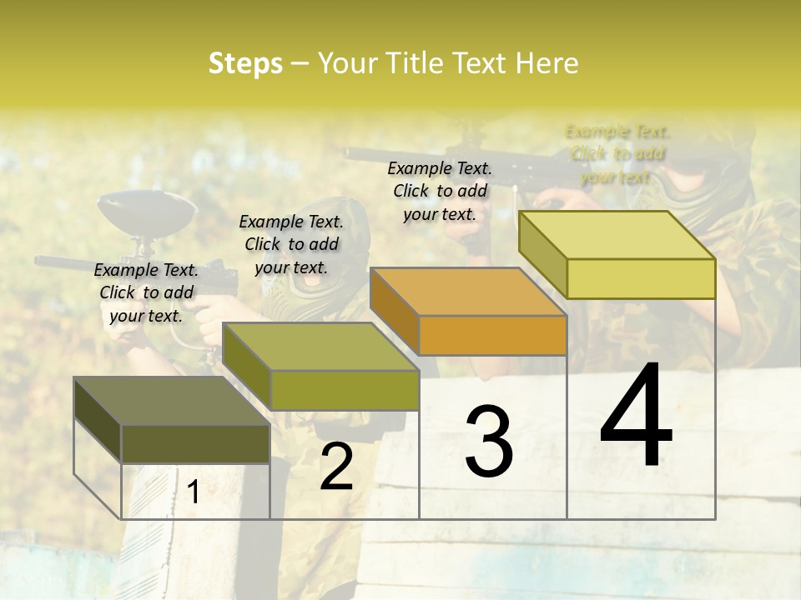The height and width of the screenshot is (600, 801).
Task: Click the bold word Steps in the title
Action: [x=245, y=63]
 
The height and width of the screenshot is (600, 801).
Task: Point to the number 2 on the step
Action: [x=336, y=467]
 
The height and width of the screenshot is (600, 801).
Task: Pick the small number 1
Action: [x=193, y=492]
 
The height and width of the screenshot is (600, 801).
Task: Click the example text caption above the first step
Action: [x=146, y=292]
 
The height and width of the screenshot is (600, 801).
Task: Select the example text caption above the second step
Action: [x=291, y=244]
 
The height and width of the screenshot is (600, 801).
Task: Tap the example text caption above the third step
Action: [x=440, y=191]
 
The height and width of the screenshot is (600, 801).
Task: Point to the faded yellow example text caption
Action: [x=617, y=154]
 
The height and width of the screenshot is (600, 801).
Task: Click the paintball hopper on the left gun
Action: [x=146, y=213]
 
